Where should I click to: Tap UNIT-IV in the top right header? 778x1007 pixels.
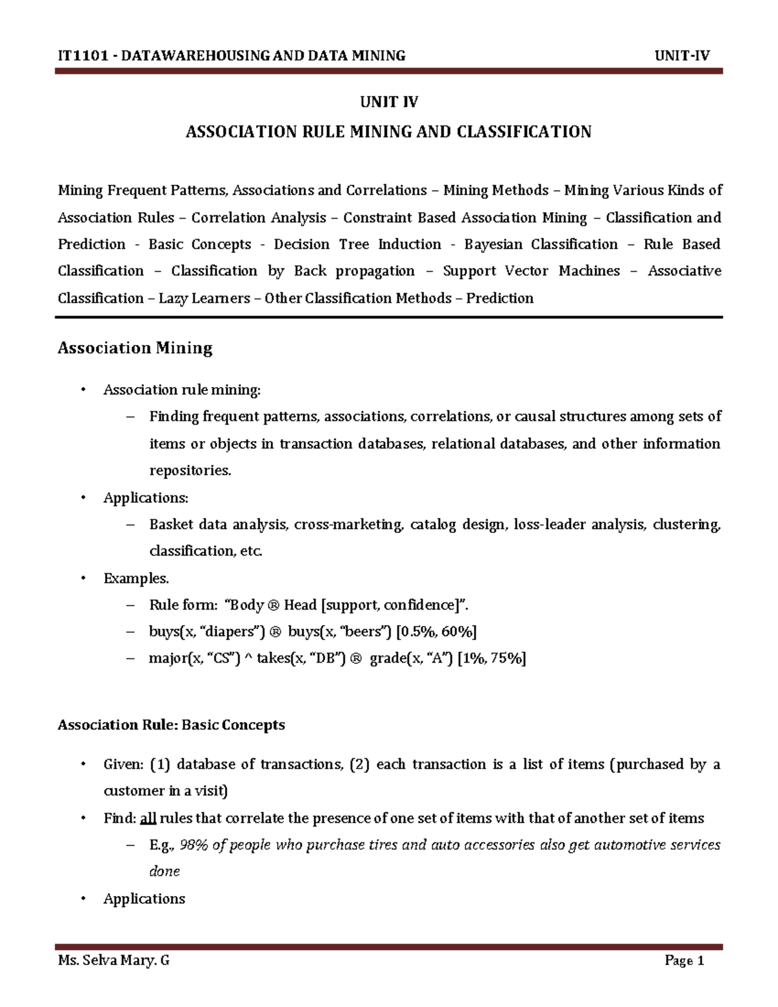point(682,56)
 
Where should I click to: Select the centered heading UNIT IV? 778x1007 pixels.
point(389,102)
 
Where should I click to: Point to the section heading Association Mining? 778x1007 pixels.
point(135,348)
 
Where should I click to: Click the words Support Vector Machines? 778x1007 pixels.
point(531,271)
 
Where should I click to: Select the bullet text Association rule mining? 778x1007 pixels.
point(182,390)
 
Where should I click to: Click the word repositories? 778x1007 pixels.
point(190,471)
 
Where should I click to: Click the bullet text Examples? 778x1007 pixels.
point(136,578)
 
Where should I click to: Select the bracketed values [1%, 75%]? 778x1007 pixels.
point(491,659)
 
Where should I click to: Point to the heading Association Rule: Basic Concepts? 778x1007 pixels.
point(171,725)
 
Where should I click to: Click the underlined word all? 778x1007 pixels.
point(148,818)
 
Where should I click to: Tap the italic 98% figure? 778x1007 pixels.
point(194,845)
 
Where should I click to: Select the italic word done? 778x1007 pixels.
point(164,871)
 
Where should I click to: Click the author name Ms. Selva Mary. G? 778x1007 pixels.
point(113,961)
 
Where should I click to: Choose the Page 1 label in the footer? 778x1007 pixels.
point(684,961)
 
